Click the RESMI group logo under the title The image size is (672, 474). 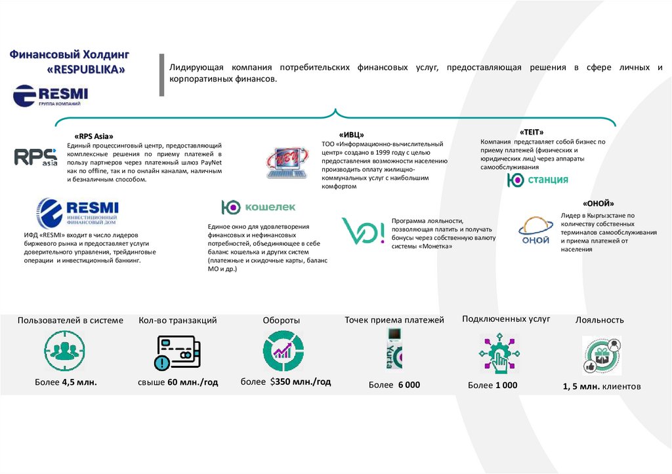51,96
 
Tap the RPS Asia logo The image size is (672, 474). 36,158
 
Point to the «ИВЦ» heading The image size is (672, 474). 352,135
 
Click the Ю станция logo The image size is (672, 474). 537,180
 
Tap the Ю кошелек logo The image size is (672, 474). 259,207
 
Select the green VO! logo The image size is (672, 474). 363,231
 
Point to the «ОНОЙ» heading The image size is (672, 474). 598,203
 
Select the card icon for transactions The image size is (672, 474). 177,353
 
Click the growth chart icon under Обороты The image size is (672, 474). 283,351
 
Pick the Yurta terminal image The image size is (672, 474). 394,348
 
